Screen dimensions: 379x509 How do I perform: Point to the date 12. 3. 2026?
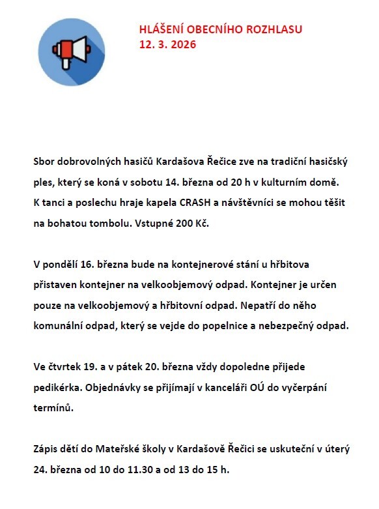point(167,45)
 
